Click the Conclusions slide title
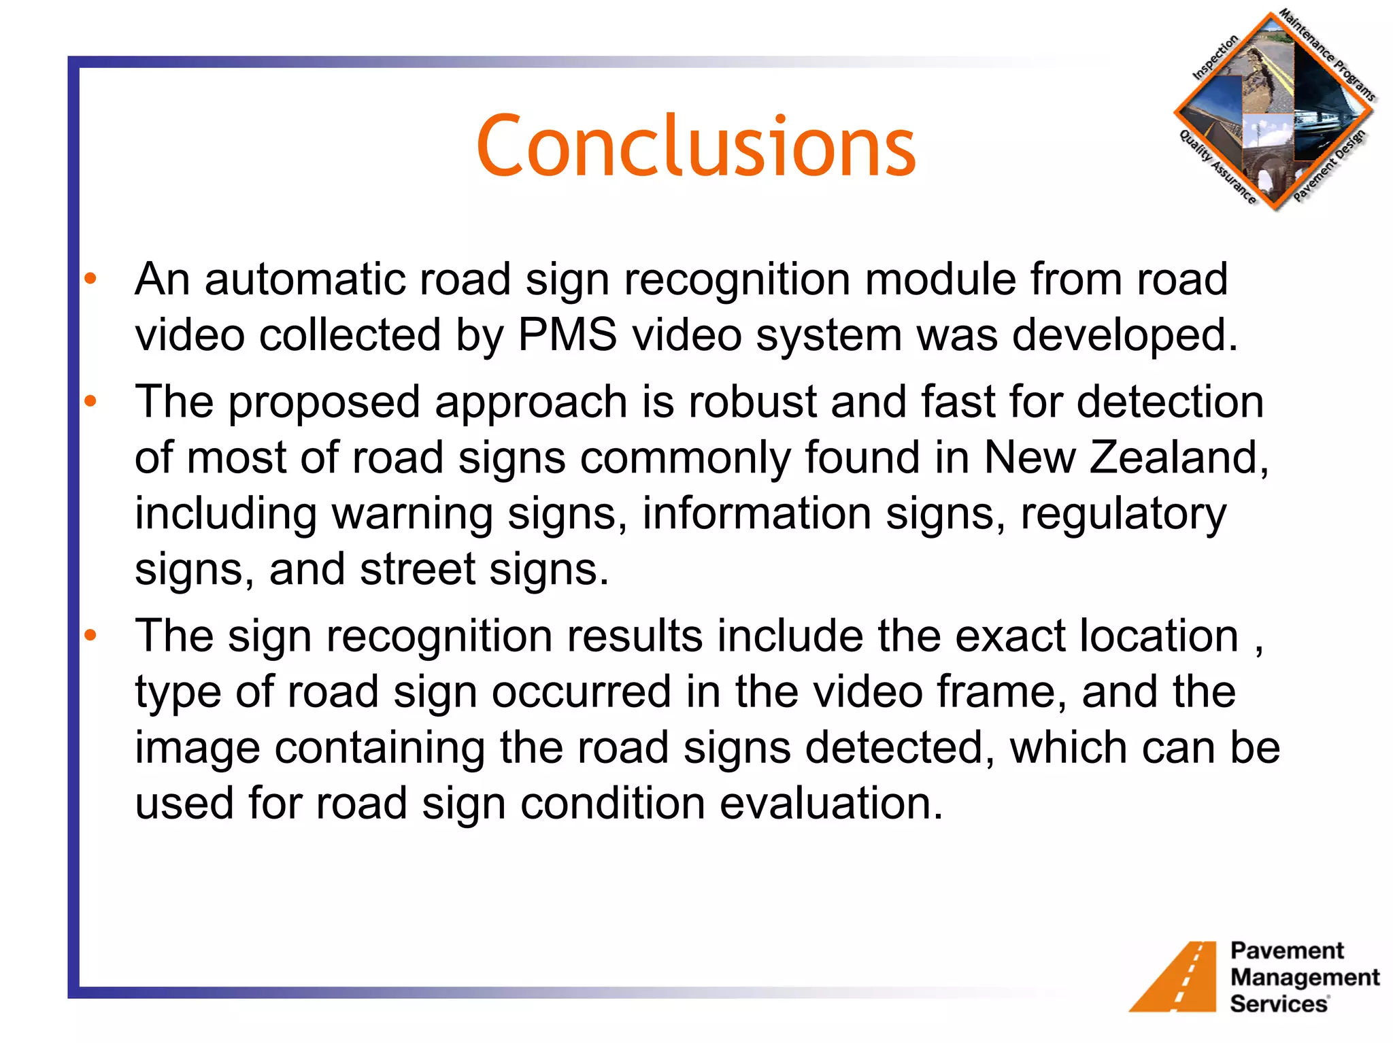click(x=696, y=146)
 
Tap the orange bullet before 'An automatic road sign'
click(x=90, y=279)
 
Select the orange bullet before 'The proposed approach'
click(x=90, y=401)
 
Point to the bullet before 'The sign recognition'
click(x=90, y=636)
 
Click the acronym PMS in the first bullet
click(x=567, y=335)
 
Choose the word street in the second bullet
click(x=417, y=569)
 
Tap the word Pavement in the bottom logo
click(x=1287, y=951)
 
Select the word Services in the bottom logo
click(x=1279, y=1004)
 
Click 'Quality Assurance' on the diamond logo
click(x=1217, y=167)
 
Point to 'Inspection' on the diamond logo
click(x=1215, y=58)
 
